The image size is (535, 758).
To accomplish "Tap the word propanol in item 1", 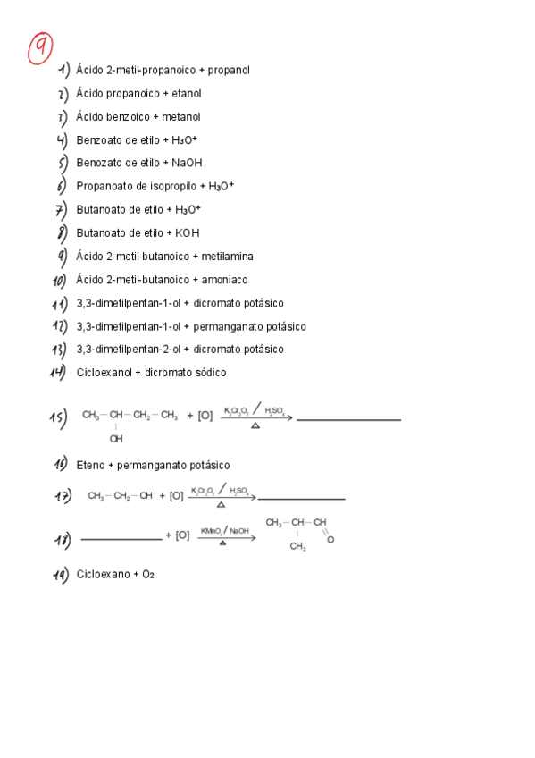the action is (230, 70).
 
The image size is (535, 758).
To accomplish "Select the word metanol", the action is (181, 116).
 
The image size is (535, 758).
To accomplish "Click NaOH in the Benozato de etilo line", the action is (188, 163).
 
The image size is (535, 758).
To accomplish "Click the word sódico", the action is (208, 372).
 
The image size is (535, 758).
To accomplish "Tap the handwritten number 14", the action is (60, 373).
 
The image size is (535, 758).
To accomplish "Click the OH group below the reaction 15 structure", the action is (116, 439).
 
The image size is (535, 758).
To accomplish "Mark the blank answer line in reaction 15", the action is (348, 419).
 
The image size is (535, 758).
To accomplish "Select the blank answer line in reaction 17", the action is (301, 499).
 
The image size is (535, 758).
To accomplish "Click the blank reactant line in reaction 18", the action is (121, 539).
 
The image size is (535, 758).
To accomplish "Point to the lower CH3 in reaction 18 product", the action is (297, 547).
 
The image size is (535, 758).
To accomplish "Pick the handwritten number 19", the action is (60, 576).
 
